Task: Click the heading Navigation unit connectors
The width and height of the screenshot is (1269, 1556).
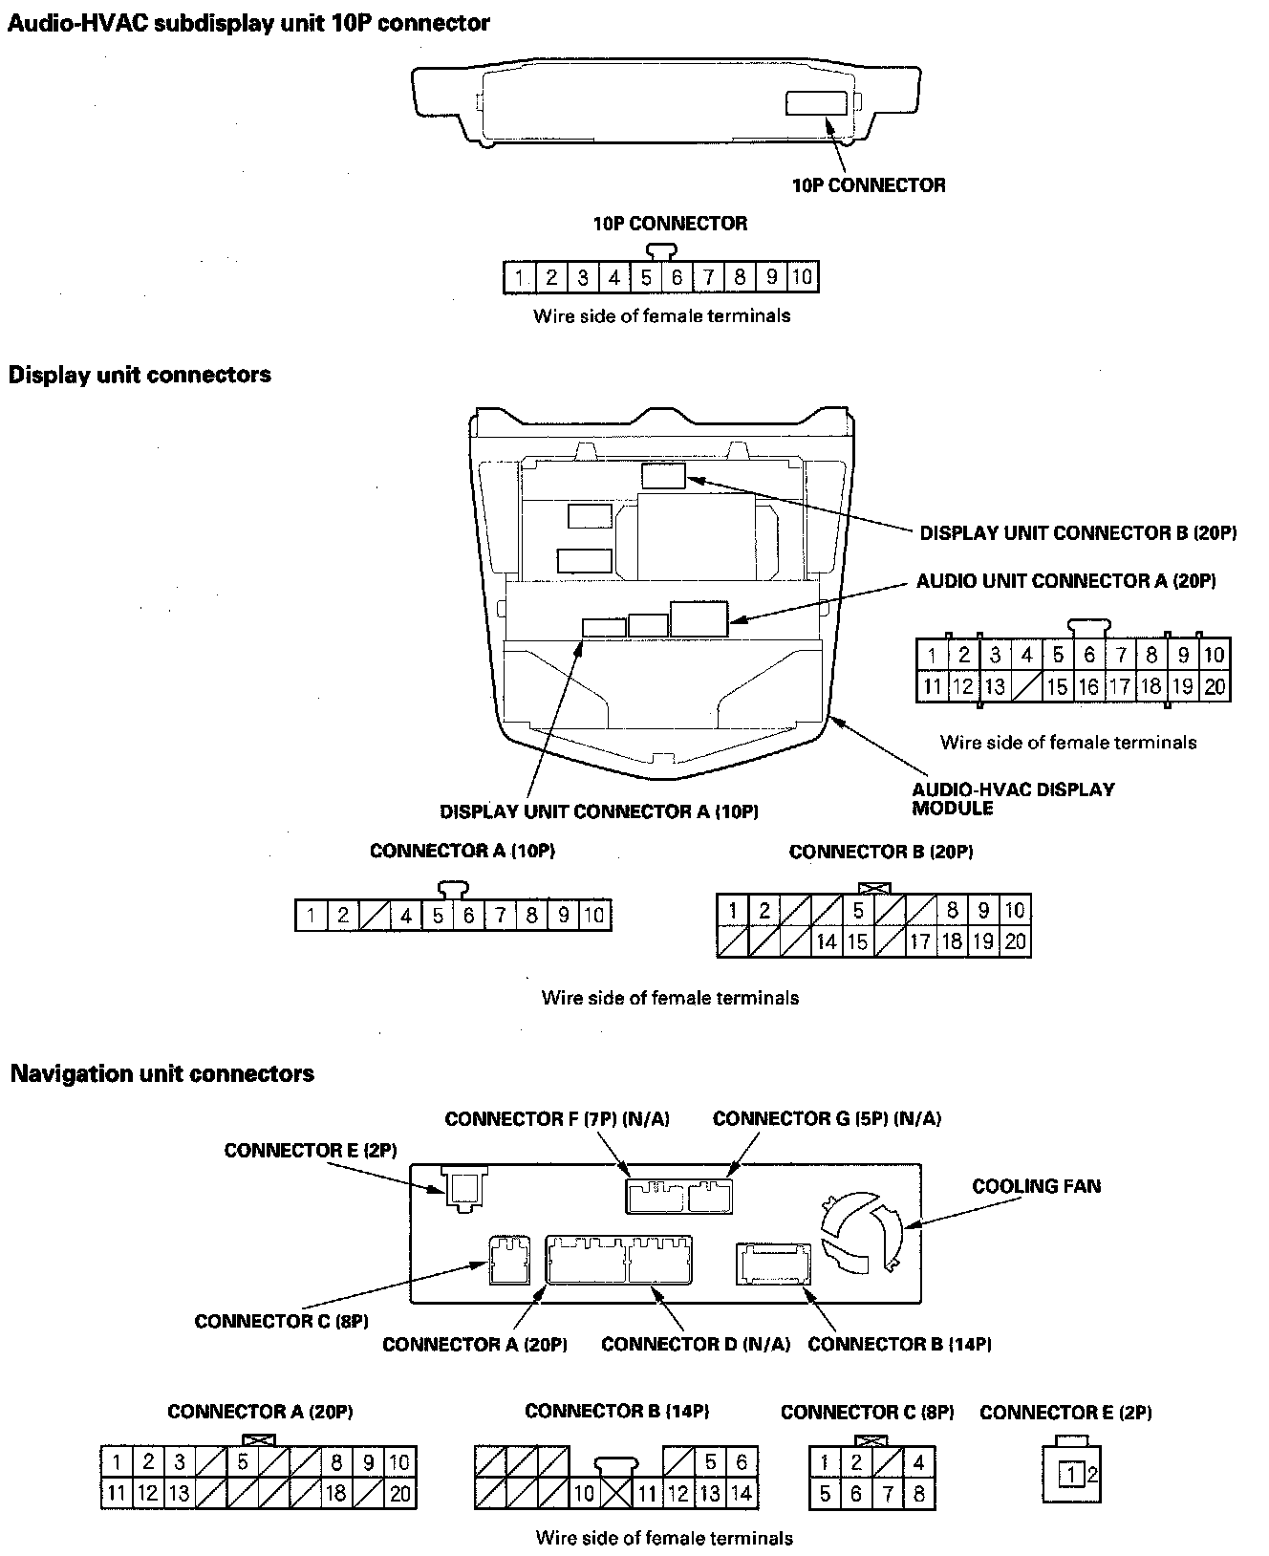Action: point(161,1073)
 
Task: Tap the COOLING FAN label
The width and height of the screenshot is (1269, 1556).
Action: point(1036,1186)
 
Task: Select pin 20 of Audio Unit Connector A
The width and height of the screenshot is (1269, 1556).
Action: point(1215,686)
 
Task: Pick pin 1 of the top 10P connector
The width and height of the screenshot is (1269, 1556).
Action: point(519,278)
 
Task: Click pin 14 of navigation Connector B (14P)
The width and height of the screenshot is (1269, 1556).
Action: point(742,1493)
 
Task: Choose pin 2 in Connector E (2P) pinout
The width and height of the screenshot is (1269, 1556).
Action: point(1092,1475)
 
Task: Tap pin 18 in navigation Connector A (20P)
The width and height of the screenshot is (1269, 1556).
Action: point(336,1493)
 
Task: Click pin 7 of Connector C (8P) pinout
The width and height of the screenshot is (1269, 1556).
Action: point(888,1494)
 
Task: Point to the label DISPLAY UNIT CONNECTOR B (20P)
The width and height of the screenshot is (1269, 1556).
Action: point(1078,533)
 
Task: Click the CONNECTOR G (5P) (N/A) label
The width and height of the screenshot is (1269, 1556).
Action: point(827,1118)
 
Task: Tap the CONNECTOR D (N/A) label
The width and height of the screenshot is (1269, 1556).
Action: point(696,1344)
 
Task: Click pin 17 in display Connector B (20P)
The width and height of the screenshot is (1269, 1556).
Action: point(920,941)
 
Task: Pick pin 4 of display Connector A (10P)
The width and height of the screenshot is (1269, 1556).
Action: point(406,916)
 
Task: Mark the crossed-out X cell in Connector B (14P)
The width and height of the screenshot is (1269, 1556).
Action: point(615,1493)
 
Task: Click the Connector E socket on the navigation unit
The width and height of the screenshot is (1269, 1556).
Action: point(464,1187)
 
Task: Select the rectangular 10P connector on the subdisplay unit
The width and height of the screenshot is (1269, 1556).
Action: point(816,103)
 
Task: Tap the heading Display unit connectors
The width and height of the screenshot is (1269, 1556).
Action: point(140,375)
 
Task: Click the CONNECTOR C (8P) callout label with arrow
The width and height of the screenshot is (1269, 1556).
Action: point(281,1321)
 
